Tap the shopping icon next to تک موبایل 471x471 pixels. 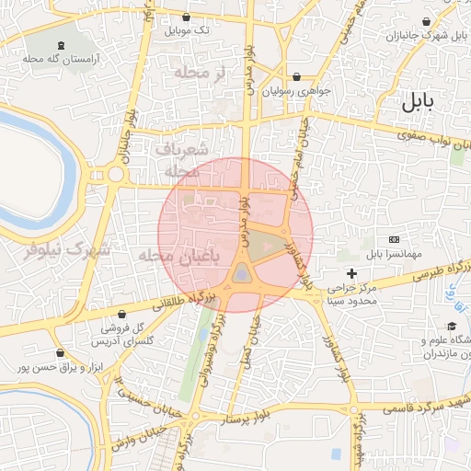187,17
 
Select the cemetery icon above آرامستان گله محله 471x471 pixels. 61,45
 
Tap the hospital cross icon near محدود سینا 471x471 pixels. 350,273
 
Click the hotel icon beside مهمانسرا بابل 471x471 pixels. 395,239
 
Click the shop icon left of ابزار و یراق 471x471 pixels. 61,352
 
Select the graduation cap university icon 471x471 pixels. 452,327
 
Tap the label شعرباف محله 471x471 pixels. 182,158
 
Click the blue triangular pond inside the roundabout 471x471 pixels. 241,273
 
